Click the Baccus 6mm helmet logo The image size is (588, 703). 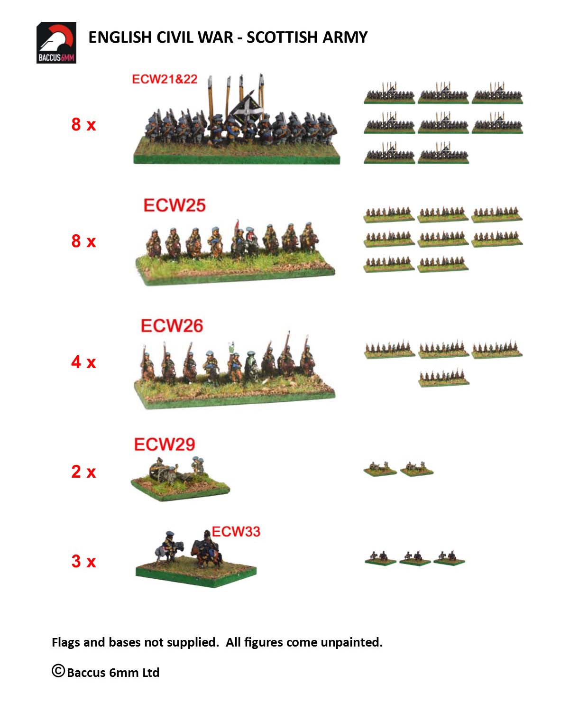click(x=56, y=42)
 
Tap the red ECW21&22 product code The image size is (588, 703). click(x=165, y=79)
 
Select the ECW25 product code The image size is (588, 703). click(x=175, y=205)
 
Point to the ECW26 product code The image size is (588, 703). click(x=172, y=325)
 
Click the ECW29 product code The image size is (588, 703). click(x=165, y=444)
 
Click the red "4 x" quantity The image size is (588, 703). click(x=83, y=362)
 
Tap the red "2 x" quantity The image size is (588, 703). click(x=83, y=472)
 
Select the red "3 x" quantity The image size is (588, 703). click(x=83, y=561)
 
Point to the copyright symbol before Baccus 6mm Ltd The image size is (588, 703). click(x=58, y=671)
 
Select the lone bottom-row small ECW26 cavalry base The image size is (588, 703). click(x=444, y=377)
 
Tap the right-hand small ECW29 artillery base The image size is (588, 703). click(x=417, y=468)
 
